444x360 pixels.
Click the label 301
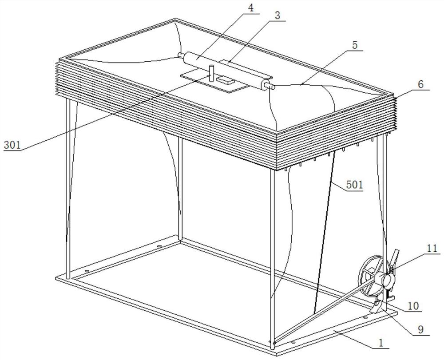[x=12, y=145]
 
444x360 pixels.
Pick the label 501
[x=354, y=185]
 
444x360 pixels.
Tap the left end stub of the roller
[x=181, y=55]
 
